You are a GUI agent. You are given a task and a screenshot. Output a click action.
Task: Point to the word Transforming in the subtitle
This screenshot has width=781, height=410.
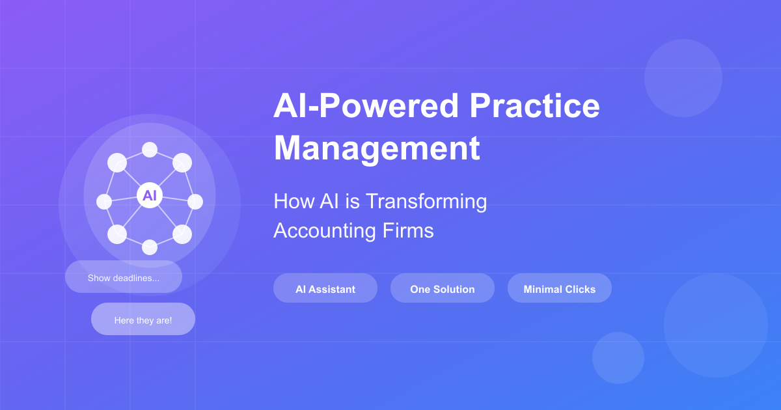point(426,201)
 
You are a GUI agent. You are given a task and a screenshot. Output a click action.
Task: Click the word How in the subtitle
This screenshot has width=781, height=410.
point(288,201)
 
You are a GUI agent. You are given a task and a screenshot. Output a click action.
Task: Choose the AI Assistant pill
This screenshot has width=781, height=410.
point(325,288)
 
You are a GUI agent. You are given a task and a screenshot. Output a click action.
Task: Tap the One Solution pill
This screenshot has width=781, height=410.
point(443,288)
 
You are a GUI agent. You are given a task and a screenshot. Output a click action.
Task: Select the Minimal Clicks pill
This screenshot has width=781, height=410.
point(560,288)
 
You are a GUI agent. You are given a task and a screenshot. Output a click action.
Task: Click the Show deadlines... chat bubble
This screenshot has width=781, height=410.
point(124,277)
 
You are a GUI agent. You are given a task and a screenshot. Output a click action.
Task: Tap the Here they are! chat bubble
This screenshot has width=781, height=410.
point(143,320)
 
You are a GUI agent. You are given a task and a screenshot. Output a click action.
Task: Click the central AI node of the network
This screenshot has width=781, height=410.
point(150,195)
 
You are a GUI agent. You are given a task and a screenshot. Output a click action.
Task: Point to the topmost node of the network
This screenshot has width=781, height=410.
point(150,150)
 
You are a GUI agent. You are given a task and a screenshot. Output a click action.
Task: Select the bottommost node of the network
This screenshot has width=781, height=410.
point(150,247)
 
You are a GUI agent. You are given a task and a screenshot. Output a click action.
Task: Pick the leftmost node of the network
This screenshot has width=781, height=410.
point(104,202)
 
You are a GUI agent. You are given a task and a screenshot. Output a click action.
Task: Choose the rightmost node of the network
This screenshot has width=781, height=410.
point(195,202)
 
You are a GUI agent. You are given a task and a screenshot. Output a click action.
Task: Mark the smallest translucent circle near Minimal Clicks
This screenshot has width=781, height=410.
point(618,358)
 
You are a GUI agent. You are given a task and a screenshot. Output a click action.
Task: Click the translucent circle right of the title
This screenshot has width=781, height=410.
point(683,78)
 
